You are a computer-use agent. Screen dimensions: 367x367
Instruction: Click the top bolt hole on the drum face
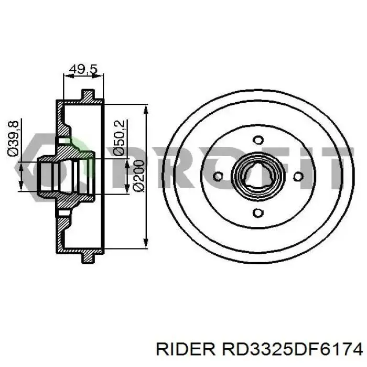(x=257, y=140)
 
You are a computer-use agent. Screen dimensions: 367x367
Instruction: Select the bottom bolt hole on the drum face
(x=257, y=212)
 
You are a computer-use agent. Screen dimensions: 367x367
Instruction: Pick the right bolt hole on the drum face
(x=298, y=177)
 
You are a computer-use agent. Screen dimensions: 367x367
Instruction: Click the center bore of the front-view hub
(x=257, y=176)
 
